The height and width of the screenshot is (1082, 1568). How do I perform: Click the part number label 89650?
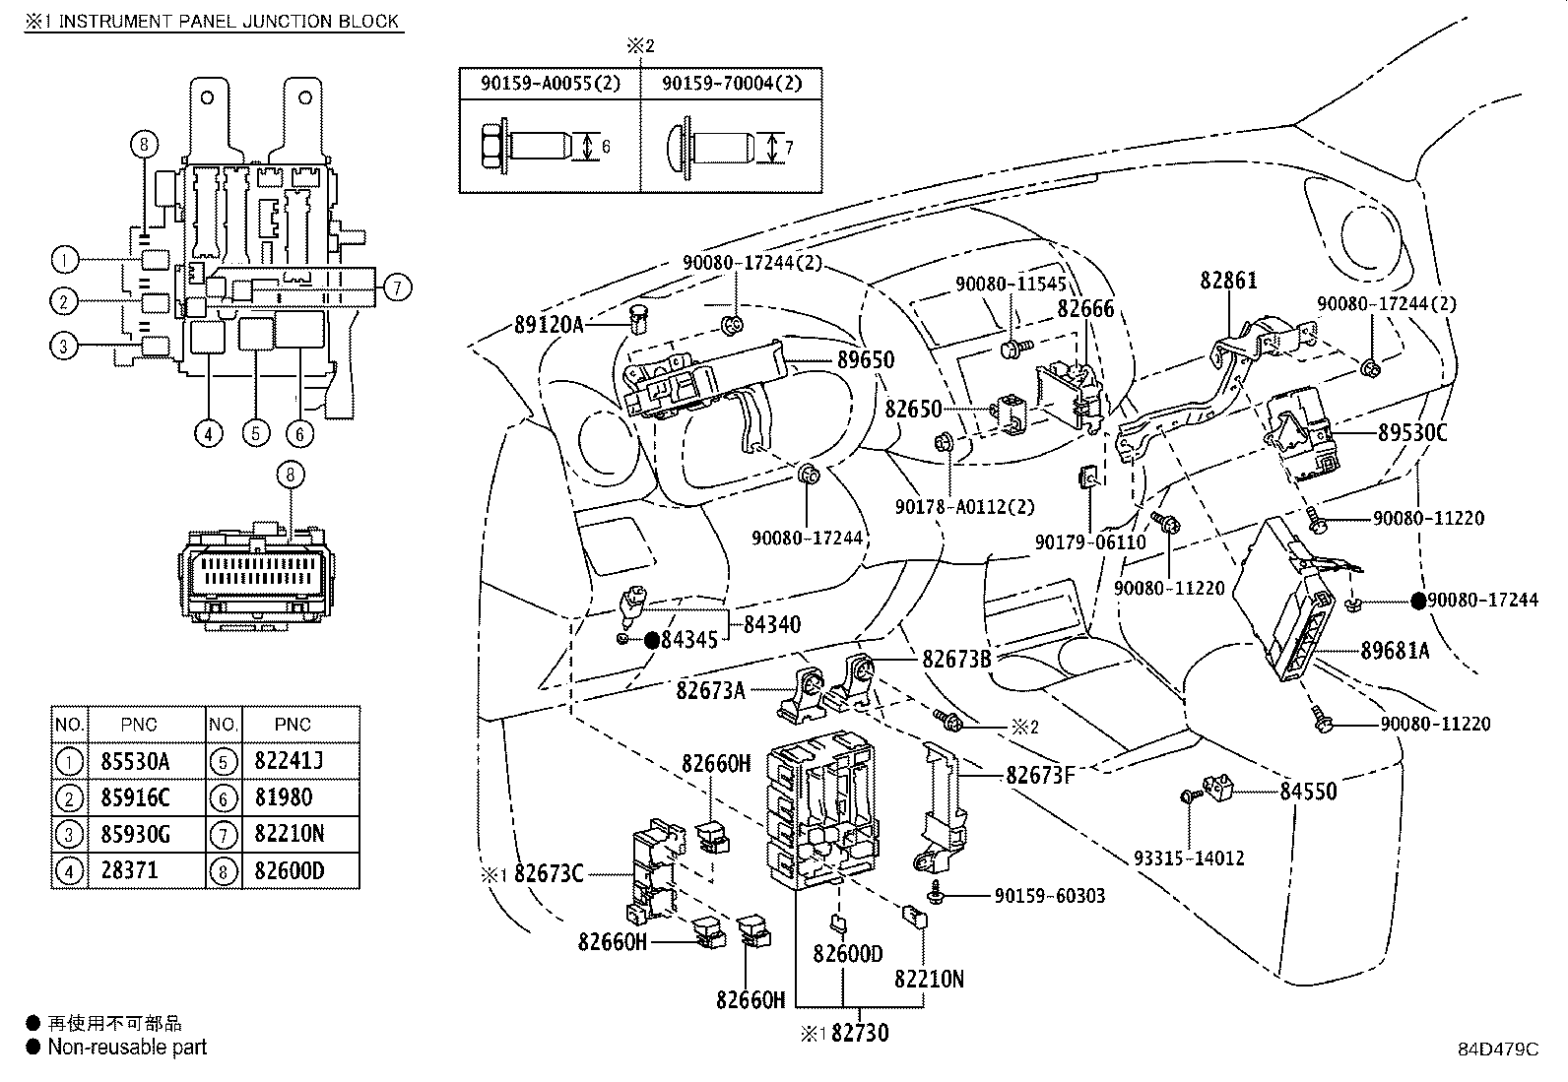[x=866, y=359]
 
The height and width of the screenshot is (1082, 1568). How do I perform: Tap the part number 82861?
[x=1228, y=280]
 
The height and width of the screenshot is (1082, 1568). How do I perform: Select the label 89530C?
[x=1412, y=432]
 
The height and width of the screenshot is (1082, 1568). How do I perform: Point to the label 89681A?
[x=1395, y=651]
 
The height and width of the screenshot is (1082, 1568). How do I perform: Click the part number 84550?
[x=1308, y=792]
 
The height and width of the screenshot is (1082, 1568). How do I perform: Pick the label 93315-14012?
[x=1190, y=859]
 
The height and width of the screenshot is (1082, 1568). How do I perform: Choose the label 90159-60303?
[x=1050, y=896]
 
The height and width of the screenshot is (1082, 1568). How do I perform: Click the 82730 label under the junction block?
[x=860, y=1033]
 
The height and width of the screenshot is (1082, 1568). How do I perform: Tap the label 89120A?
[x=549, y=325]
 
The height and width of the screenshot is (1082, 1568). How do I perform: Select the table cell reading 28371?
[x=129, y=870]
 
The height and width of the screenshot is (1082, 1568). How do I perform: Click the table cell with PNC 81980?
[x=284, y=797]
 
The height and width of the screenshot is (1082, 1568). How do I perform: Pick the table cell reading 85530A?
[x=135, y=761]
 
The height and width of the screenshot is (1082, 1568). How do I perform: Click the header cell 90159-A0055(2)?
[x=551, y=84]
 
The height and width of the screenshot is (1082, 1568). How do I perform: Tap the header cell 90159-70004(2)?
[x=732, y=84]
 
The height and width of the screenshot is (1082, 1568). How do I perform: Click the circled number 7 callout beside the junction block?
[x=398, y=287]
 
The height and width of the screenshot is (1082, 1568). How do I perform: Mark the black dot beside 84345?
[x=652, y=640]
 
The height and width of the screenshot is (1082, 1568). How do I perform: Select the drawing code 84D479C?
[x=1498, y=1050]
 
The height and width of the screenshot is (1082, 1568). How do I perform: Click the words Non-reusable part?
[x=127, y=1047]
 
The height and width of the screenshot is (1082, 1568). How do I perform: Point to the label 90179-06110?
[x=1090, y=542]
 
